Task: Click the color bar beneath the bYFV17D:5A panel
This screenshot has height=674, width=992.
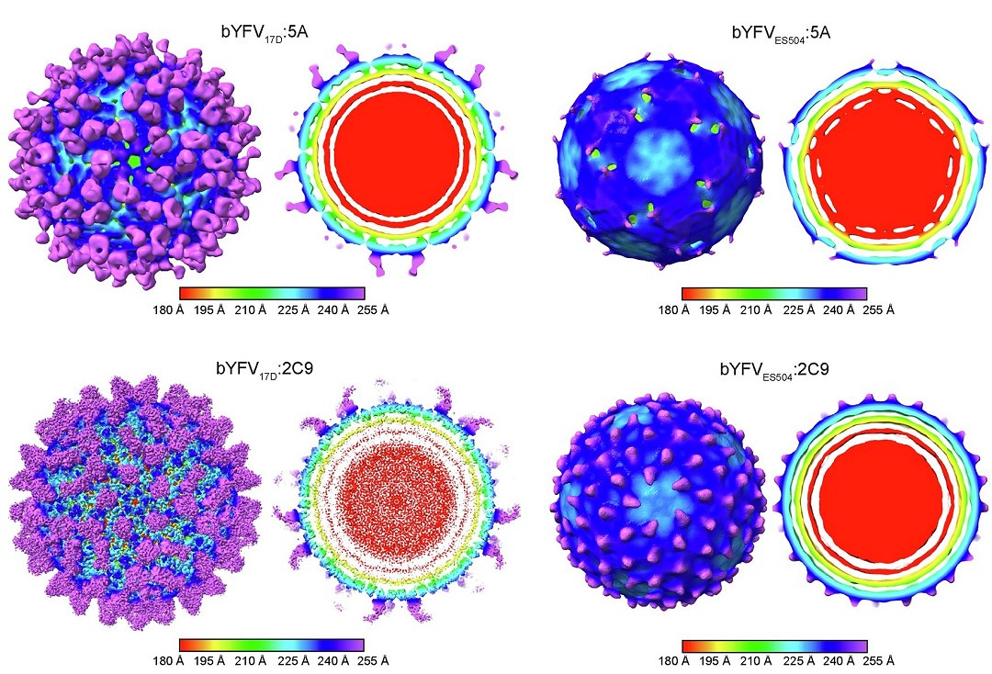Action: pos(273,293)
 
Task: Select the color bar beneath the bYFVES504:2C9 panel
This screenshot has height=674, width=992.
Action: pos(775,645)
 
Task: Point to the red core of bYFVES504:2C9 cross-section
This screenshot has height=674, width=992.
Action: pos(880,494)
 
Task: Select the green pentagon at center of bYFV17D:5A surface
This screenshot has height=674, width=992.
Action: pos(135,160)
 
